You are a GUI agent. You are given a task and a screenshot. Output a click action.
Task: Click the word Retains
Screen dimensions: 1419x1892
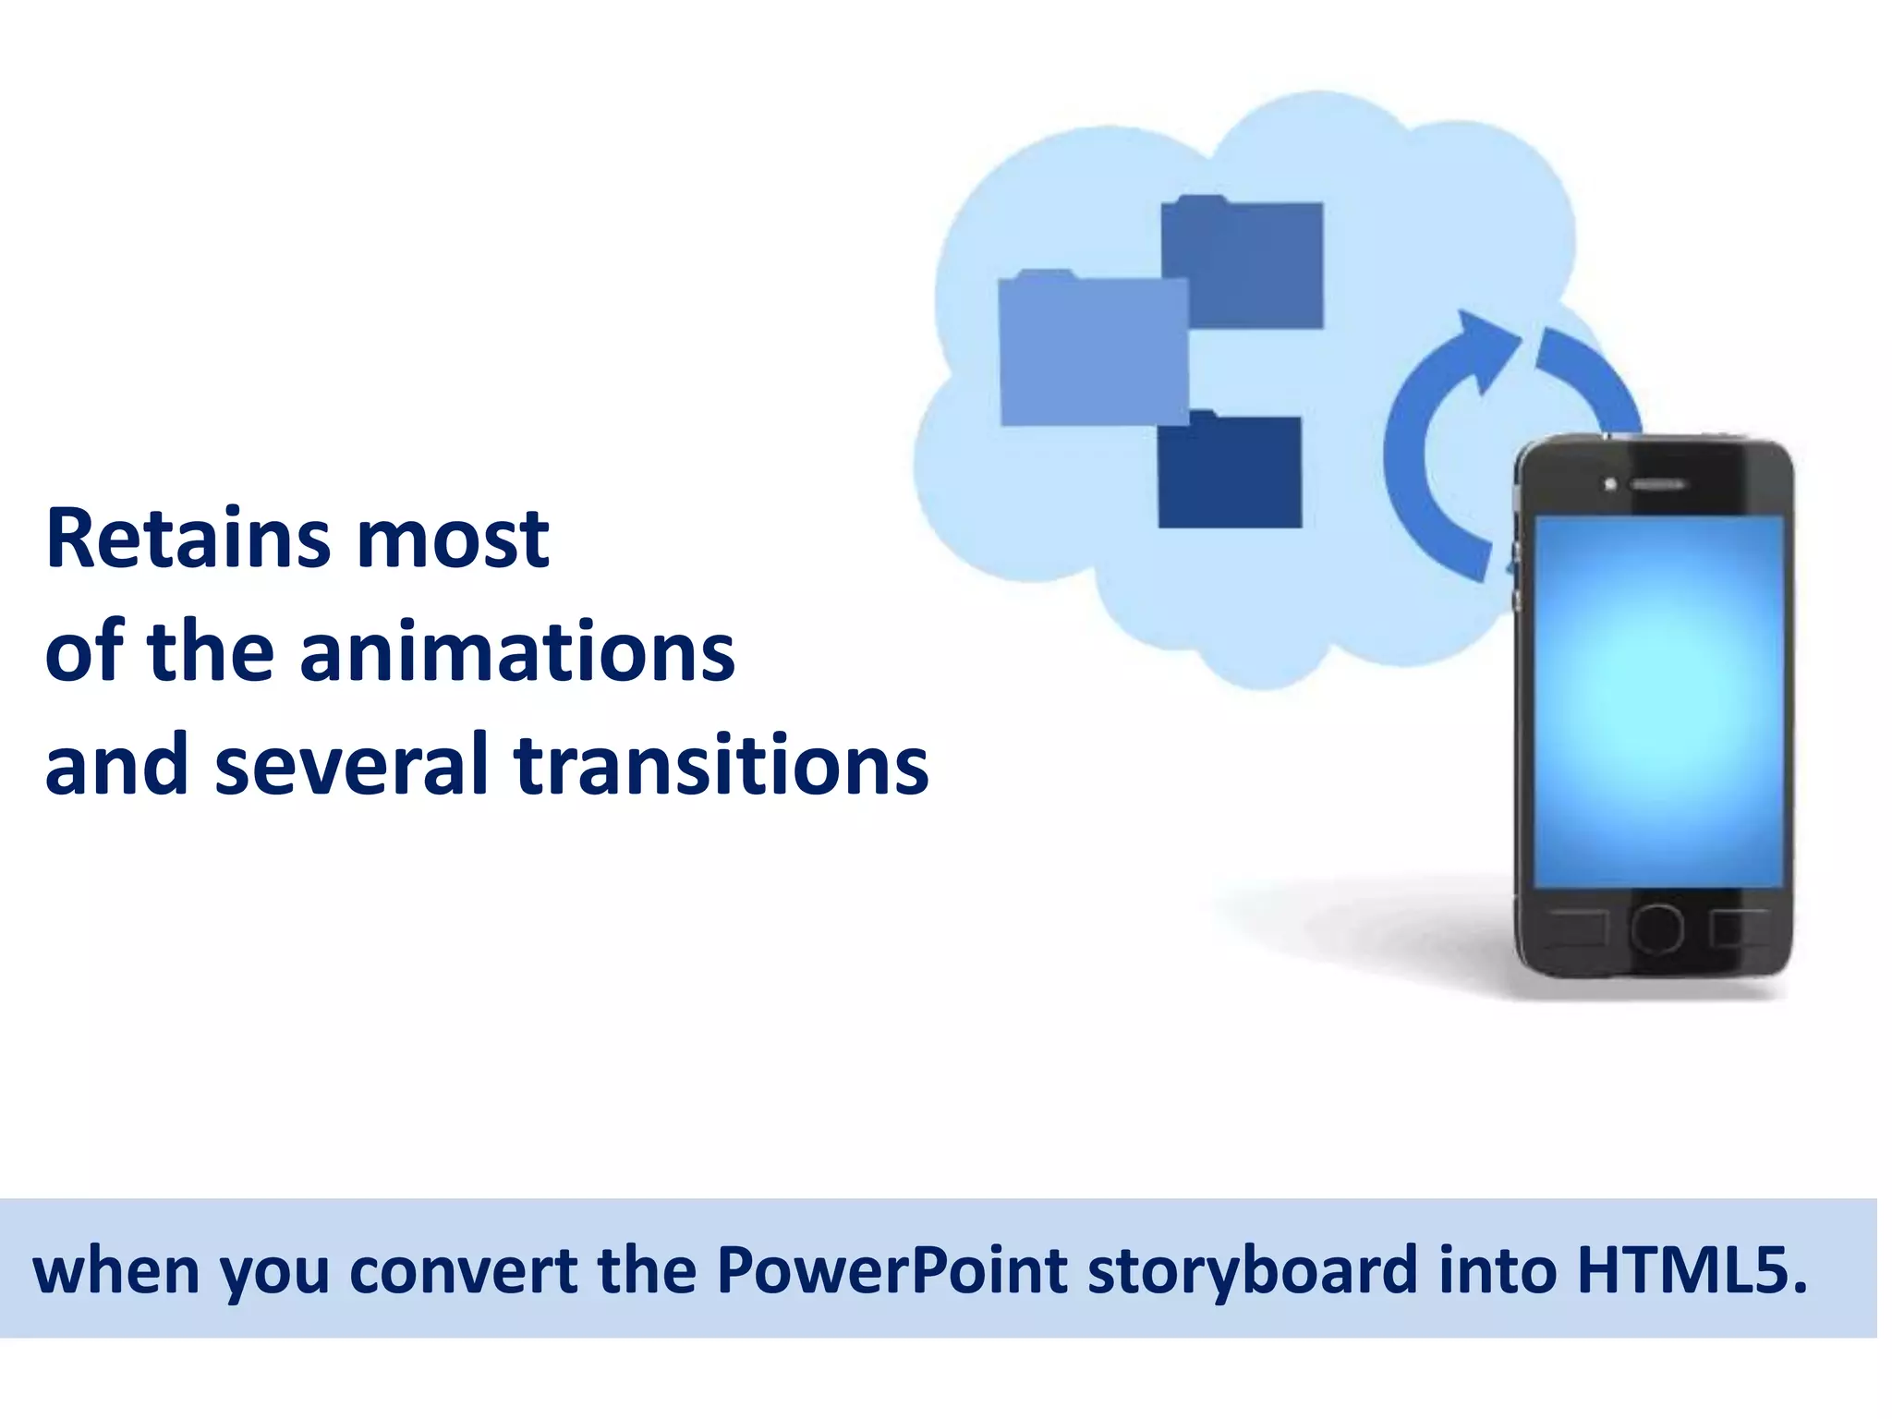[x=188, y=540]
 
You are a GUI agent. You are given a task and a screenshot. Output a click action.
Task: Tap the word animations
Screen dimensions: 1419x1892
[x=517, y=653]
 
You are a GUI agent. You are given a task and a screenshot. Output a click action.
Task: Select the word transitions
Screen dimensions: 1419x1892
[x=721, y=765]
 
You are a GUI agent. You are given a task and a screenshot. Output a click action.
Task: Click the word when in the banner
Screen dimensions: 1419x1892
[x=115, y=1269]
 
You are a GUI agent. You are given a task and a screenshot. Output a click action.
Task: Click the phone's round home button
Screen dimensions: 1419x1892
[x=1656, y=928]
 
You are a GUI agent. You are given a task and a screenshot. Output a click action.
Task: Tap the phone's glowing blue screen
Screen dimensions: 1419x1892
[x=1658, y=702]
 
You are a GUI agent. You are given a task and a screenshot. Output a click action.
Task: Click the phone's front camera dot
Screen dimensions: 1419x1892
[x=1610, y=484]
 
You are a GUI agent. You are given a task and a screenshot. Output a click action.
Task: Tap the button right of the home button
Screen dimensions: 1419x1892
[x=1737, y=928]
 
